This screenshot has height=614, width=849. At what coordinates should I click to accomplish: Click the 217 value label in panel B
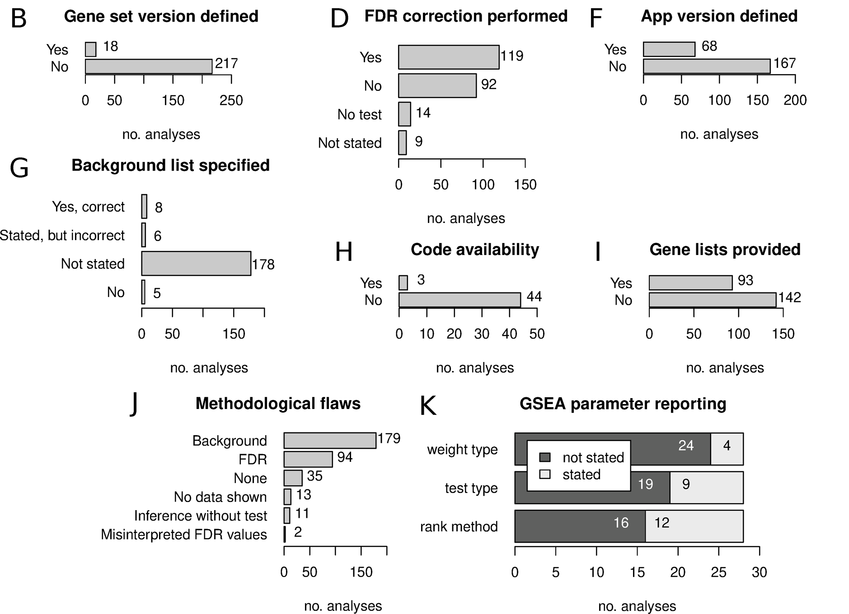click(x=226, y=64)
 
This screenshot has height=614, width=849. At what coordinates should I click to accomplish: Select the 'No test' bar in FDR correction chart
click(x=404, y=114)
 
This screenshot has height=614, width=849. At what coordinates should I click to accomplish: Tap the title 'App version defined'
click(x=719, y=16)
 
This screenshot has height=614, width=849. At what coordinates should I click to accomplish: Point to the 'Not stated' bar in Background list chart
click(x=196, y=264)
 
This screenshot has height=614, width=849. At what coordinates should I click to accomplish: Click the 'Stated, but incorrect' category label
click(x=62, y=235)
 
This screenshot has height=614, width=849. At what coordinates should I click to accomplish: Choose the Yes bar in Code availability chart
click(x=403, y=283)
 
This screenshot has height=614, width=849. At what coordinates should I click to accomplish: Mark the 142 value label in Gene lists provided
click(x=789, y=298)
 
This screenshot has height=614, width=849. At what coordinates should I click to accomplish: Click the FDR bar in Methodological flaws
click(x=308, y=459)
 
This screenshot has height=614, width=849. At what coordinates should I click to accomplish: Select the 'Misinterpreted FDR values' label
click(x=184, y=535)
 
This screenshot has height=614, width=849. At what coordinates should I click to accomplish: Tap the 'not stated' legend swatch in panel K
click(x=545, y=457)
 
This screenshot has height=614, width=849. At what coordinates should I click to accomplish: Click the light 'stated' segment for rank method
click(x=694, y=526)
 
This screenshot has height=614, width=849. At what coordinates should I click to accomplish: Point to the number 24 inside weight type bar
click(x=685, y=446)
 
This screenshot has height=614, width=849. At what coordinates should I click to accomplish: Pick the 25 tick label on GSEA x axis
click(x=718, y=572)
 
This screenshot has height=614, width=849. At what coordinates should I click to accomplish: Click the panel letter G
click(x=19, y=168)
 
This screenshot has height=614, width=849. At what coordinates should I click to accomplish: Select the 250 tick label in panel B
click(x=231, y=100)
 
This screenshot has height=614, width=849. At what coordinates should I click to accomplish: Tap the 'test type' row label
click(x=471, y=488)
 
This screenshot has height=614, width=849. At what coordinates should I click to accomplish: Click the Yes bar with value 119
click(x=449, y=57)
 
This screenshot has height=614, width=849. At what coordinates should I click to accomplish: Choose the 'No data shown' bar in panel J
click(x=287, y=497)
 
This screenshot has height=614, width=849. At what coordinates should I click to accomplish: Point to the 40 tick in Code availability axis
click(x=509, y=334)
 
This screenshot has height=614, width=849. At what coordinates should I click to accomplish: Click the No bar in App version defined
click(x=707, y=66)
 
